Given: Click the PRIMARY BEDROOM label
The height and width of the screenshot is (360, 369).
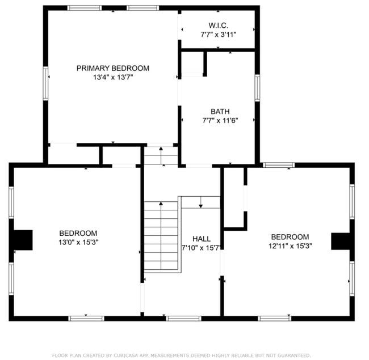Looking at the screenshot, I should [113, 69].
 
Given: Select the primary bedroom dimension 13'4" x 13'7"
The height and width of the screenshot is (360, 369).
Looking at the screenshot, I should [113, 77].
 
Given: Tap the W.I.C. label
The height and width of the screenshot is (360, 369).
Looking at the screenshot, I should [218, 26].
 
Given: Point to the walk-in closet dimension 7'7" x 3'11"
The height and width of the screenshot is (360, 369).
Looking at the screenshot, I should [218, 35].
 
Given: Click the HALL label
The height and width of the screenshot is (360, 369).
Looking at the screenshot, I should [202, 239].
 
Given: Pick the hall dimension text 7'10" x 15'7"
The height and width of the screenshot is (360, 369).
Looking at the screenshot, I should [202, 248].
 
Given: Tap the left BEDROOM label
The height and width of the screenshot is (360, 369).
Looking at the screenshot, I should [78, 233].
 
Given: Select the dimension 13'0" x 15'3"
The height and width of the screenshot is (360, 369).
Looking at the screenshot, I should [78, 242].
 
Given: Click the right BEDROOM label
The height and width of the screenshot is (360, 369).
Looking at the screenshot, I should [290, 237].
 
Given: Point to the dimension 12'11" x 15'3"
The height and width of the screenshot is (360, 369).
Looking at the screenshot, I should [290, 246].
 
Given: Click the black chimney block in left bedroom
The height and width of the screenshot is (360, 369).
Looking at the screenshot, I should [23, 240].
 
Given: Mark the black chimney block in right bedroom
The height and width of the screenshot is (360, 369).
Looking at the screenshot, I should [342, 241].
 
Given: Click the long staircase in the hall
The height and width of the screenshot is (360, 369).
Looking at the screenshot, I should [161, 235].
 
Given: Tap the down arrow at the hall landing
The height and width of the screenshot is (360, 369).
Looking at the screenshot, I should [200, 202].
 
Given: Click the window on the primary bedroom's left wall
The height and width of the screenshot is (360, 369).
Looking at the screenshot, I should [46, 83].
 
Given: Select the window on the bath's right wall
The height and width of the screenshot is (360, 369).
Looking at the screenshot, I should [257, 88].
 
